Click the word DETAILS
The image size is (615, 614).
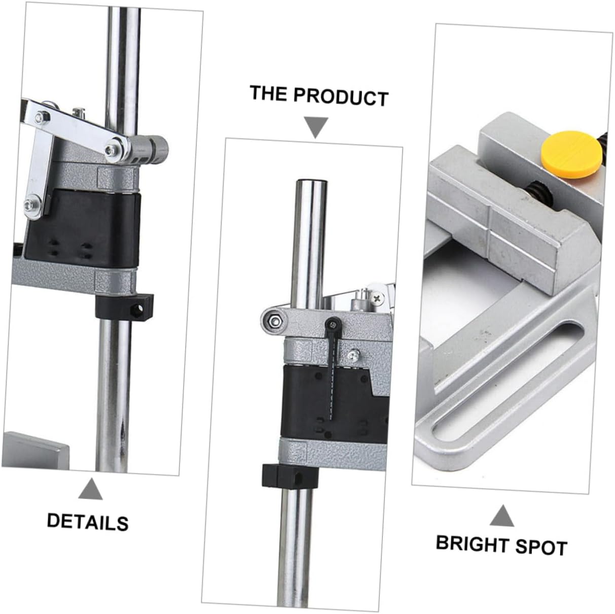point(88,522)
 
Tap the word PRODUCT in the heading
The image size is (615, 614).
point(341,97)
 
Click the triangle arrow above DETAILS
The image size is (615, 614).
point(90,489)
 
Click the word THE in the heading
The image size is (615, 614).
point(269,93)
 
